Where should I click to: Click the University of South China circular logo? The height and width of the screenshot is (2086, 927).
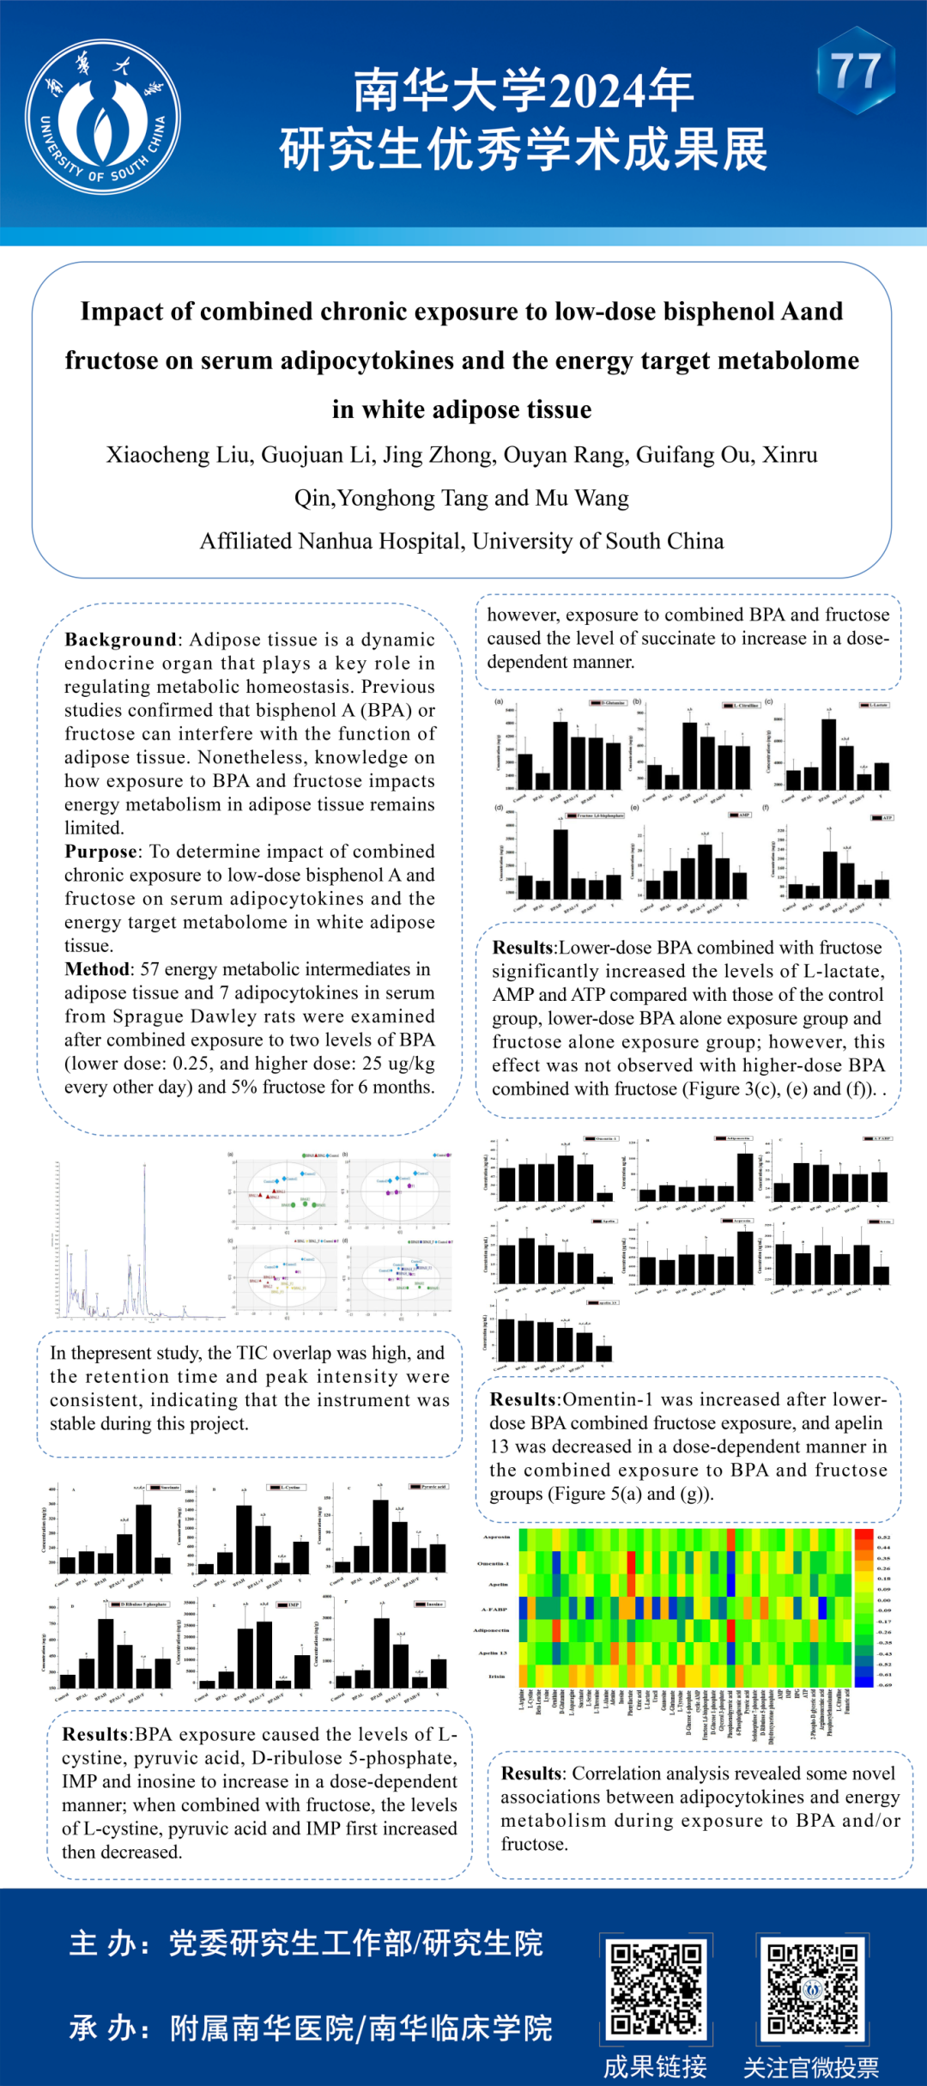102,117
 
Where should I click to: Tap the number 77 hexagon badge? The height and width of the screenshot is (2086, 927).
856,70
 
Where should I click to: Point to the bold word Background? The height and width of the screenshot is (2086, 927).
120,640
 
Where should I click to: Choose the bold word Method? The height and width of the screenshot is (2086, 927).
97,969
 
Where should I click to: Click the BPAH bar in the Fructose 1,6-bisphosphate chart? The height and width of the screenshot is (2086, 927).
560,863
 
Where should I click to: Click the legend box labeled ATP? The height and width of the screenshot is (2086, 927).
882,818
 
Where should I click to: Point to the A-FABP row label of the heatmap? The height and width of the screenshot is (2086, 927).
494,1610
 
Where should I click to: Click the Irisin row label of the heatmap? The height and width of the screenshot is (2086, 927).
497,1676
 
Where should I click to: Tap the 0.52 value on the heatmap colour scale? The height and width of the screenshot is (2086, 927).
884,1537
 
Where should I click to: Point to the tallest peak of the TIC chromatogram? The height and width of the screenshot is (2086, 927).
144,1167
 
